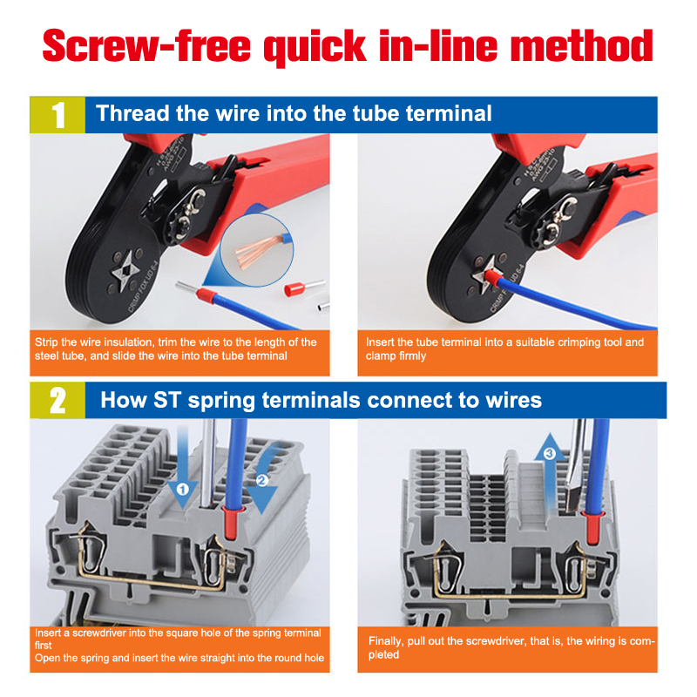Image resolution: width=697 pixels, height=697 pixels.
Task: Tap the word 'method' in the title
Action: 582,45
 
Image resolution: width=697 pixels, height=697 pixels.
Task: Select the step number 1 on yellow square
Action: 58,115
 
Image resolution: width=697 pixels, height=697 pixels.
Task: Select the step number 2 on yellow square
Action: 58,401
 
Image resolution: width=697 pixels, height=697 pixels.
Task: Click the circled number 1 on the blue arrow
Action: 183,490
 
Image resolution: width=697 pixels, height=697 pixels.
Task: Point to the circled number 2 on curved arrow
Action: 262,480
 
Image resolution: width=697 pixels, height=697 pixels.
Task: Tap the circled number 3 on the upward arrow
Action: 550,453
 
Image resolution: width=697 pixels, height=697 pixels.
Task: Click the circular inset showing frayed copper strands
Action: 257,250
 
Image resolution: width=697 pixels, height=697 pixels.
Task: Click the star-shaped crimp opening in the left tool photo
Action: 125,270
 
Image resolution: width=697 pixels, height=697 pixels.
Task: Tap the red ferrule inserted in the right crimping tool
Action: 491,279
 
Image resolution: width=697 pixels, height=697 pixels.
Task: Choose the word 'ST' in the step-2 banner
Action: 167,400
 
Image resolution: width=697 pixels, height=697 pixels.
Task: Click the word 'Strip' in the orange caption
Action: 47,342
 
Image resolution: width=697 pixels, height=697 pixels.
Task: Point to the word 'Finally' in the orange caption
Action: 386,641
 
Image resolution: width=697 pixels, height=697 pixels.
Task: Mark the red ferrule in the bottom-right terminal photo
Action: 592,528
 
